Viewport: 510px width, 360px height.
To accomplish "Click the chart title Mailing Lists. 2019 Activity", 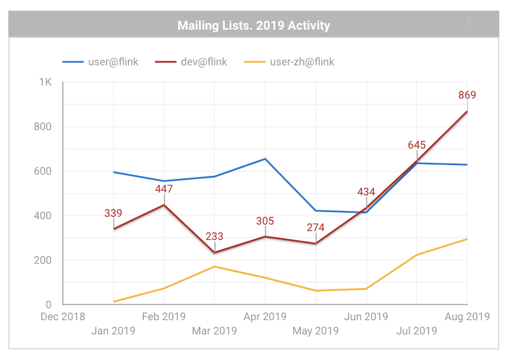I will (x=254, y=26).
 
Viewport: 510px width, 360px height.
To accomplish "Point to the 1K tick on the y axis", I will (x=46, y=82).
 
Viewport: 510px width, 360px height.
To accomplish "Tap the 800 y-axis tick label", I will (x=43, y=127).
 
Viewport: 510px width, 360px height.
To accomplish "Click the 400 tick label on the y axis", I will (x=43, y=216).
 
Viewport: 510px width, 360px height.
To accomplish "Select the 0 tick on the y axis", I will (x=49, y=305).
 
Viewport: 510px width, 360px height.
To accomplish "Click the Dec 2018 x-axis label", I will (x=62, y=317).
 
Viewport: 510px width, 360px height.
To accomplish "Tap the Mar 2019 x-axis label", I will (x=215, y=330).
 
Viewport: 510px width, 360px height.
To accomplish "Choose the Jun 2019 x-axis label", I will (x=366, y=317).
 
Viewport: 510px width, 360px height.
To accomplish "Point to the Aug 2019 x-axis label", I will (x=467, y=317).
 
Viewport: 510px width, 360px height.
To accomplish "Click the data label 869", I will (x=467, y=95).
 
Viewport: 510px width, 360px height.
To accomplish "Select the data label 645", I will (x=417, y=145).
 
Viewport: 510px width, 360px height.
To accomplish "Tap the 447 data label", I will (x=164, y=190).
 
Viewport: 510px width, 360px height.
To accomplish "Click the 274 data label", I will (x=316, y=228).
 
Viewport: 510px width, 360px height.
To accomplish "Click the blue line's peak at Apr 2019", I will (x=265, y=159).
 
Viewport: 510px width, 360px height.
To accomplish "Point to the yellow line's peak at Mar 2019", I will (x=215, y=266).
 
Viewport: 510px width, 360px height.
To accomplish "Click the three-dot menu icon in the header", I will (x=469, y=23).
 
